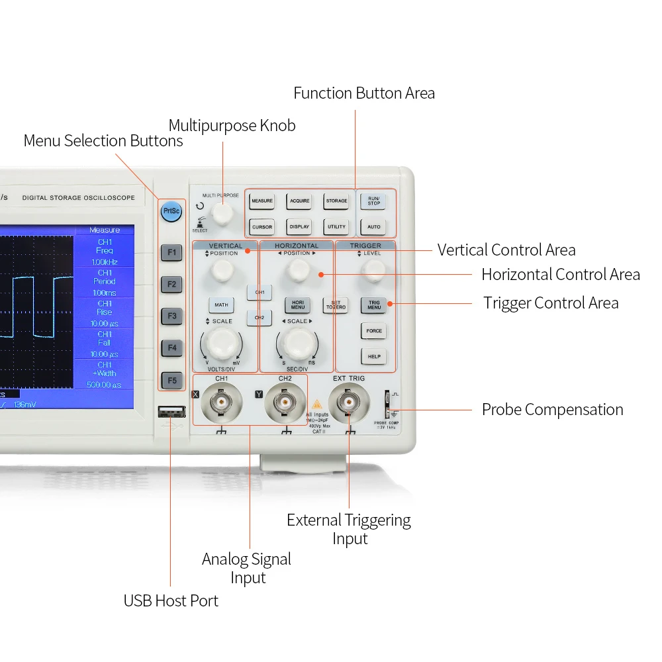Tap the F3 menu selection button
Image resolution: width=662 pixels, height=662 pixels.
[x=171, y=316]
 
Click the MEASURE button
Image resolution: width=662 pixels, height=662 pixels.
[x=262, y=201]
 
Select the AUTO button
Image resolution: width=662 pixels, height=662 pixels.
[x=374, y=227]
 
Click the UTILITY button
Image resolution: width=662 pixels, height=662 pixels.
[x=336, y=227]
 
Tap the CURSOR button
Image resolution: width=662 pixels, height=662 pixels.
[x=262, y=227]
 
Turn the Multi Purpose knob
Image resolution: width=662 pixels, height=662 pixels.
[x=223, y=214]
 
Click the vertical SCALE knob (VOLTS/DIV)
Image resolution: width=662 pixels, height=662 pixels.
[x=222, y=343]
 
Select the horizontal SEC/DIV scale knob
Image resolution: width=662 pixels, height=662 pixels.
[x=297, y=343]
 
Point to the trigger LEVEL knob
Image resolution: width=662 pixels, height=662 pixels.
[x=375, y=269]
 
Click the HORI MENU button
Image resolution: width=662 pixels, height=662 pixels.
[x=298, y=305]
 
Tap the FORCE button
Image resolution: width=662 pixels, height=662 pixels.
[x=374, y=331]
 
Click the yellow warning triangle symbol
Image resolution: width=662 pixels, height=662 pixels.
[x=316, y=404]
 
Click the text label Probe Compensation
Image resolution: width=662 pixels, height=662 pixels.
[x=552, y=410]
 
